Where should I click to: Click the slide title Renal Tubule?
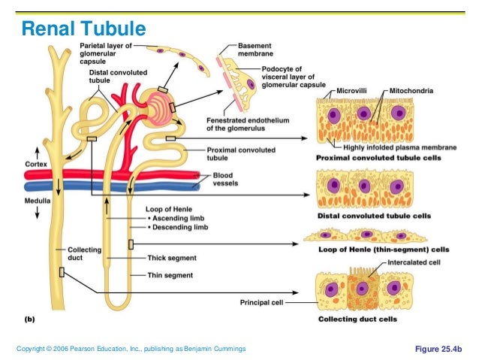pyautogui.click(x=83, y=29)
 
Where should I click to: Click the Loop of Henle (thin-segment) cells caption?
pyautogui.click(x=374, y=249)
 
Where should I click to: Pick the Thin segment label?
pyautogui.click(x=166, y=275)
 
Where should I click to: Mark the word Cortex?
pyautogui.click(x=37, y=164)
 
